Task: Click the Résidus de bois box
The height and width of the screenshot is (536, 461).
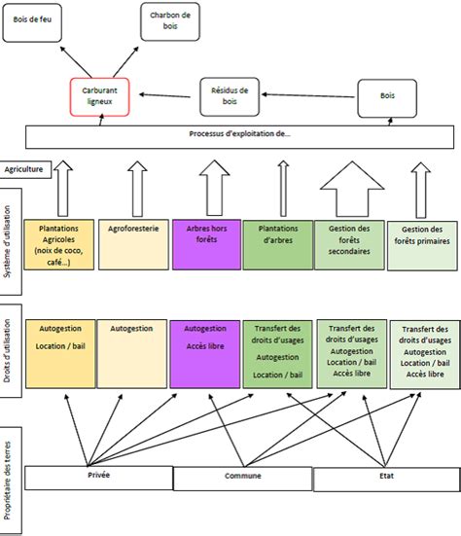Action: (230, 95)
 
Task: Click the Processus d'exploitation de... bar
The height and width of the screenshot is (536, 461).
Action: (237, 135)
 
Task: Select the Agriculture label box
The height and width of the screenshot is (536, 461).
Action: (24, 168)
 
